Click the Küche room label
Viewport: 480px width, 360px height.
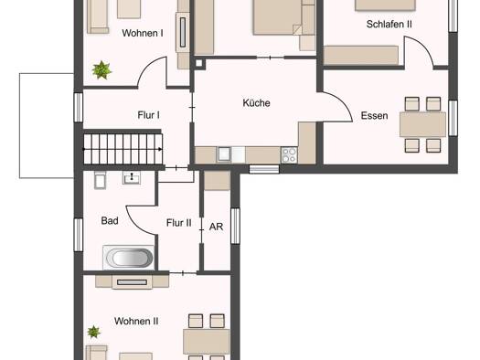pos(256,103)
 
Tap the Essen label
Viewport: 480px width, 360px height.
pos(374,116)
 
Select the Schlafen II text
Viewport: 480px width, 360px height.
pos(389,24)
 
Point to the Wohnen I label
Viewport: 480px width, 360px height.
pos(143,33)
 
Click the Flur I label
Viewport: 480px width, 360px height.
pos(148,115)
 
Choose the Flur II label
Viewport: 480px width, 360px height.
pos(179,223)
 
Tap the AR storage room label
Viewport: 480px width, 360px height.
pos(216,227)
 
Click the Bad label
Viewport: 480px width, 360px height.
pos(110,220)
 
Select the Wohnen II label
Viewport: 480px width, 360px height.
pos(136,321)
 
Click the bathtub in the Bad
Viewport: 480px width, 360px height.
pos(129,258)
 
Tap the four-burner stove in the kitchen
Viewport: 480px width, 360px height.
pos(289,154)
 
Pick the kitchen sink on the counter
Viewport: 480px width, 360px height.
pos(224,154)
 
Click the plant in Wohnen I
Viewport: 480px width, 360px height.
pos(101,70)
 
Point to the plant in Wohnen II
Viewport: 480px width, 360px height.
pos(93,332)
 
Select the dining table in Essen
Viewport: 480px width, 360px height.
pos(422,124)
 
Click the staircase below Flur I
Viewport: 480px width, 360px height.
pos(123,149)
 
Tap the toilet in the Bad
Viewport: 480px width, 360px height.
pos(100,179)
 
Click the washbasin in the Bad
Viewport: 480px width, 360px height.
pos(132,177)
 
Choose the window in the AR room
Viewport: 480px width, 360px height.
pos(235,226)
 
